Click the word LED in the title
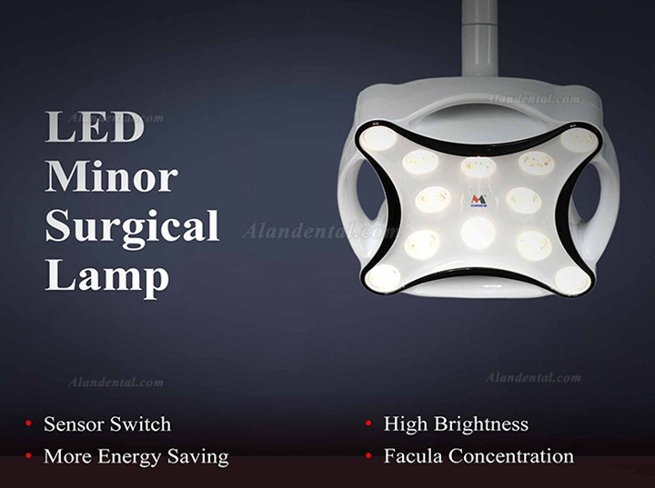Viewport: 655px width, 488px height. pos(95,126)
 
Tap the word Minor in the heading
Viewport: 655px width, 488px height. pos(112,176)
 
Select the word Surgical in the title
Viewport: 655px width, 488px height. pos(132,228)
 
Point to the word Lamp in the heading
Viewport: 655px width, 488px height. pos(107,278)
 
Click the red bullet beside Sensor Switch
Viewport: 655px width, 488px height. pos(28,423)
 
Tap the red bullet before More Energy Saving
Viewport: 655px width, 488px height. pos(28,455)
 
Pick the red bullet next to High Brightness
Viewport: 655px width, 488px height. pos(368,423)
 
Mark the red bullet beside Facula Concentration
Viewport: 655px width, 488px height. pos(368,455)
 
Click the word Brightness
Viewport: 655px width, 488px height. pos(481,424)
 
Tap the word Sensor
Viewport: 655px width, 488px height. pos(73,424)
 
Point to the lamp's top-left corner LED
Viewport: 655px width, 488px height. pos(378,139)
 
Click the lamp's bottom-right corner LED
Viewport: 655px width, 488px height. pos(573,279)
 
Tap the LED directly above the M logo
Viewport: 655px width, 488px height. pos(479,167)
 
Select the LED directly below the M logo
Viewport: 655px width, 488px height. pos(479,233)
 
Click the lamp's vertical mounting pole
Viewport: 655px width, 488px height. pos(479,38)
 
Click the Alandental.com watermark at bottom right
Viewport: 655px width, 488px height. pos(533,378)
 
